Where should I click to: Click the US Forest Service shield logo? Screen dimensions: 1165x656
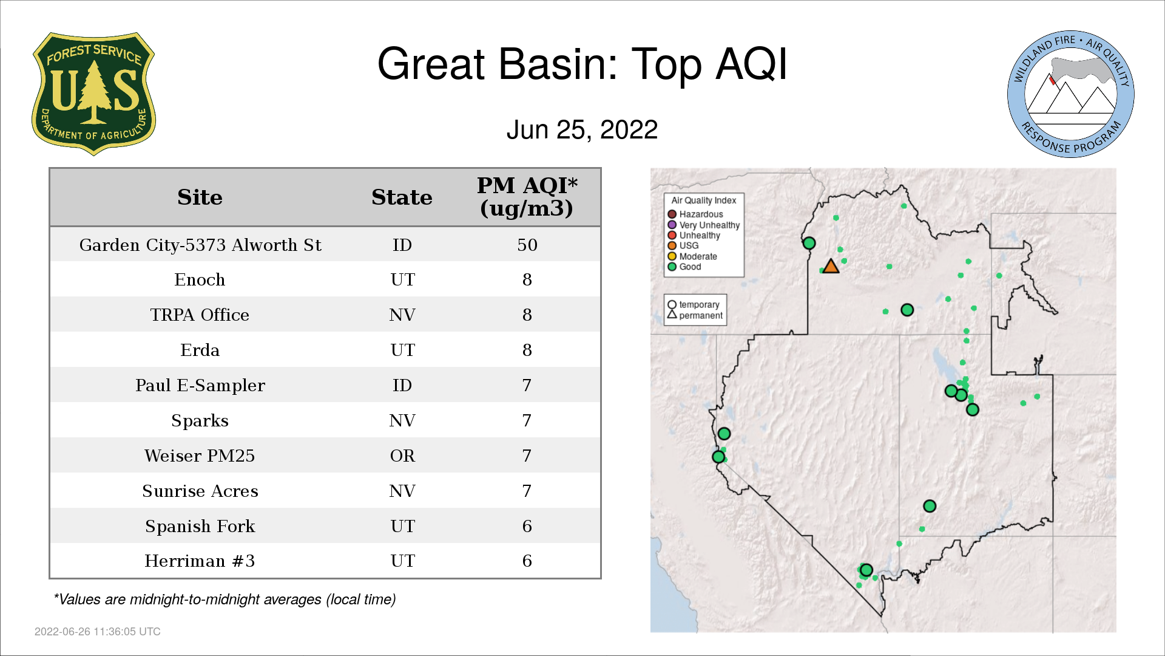click(93, 94)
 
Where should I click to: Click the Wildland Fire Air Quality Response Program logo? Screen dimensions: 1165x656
click(1071, 94)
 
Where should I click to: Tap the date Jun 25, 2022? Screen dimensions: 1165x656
click(582, 129)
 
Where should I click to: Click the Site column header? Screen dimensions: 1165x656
click(200, 197)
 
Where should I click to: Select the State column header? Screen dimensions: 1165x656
click(402, 197)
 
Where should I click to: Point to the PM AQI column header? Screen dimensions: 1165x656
click(527, 197)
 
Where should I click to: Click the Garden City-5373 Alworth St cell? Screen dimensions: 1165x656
click(200, 245)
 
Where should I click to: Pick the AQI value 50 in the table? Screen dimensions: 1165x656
click(527, 245)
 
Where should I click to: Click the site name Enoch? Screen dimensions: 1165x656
click(200, 279)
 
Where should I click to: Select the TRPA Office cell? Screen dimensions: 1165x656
click(200, 315)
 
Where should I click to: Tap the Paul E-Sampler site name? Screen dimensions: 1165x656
click(200, 386)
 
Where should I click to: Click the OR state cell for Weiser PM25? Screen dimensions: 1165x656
click(402, 456)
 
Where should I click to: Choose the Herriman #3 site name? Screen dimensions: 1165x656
click(200, 561)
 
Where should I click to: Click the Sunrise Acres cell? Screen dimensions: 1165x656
click(200, 491)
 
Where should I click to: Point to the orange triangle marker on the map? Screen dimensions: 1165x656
click(831, 266)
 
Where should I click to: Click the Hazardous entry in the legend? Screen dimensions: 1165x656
click(695, 214)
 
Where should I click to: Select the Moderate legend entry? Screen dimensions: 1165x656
click(692, 256)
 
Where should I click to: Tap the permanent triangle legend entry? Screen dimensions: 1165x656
click(695, 315)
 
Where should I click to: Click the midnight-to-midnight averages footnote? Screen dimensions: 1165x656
click(225, 600)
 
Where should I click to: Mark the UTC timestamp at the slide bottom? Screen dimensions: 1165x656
click(98, 632)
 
